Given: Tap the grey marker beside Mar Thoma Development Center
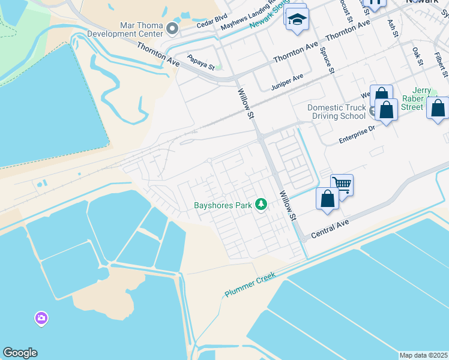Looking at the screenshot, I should [x=173, y=28].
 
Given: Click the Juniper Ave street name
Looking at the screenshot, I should [x=288, y=79].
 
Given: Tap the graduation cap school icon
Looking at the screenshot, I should [x=297, y=20].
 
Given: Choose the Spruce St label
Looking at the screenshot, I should [x=327, y=59].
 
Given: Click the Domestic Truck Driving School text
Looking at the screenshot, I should [x=336, y=112].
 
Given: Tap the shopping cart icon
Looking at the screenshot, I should [x=342, y=184].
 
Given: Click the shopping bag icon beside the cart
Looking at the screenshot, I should [x=327, y=199].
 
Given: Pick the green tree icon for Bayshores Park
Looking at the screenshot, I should [x=261, y=205].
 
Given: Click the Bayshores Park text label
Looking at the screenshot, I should [x=222, y=205].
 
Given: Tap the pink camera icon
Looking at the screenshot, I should [x=41, y=317].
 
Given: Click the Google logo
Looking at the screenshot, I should [x=20, y=353].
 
